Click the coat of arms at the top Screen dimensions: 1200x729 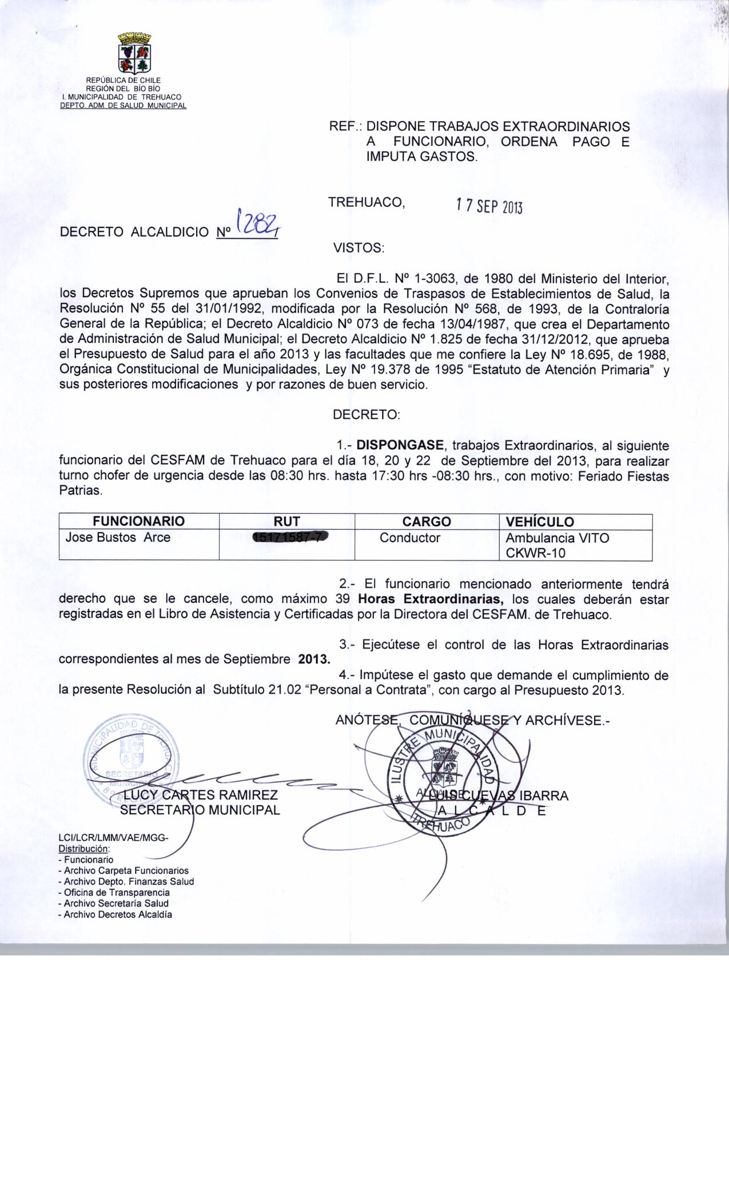click(x=134, y=53)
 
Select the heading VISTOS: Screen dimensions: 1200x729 click(x=358, y=249)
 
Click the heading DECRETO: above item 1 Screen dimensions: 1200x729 click(x=366, y=415)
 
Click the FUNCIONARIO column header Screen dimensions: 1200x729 click(x=139, y=521)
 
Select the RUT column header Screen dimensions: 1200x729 click(x=287, y=521)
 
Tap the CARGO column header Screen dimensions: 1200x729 click(x=427, y=521)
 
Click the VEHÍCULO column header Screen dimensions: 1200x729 click(x=540, y=521)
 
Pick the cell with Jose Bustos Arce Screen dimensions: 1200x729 click(x=118, y=537)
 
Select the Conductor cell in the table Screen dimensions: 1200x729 click(x=410, y=538)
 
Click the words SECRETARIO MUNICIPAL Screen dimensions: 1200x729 click(x=200, y=810)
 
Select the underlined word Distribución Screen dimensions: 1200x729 click(x=83, y=849)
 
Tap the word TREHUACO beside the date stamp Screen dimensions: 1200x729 click(x=367, y=202)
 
